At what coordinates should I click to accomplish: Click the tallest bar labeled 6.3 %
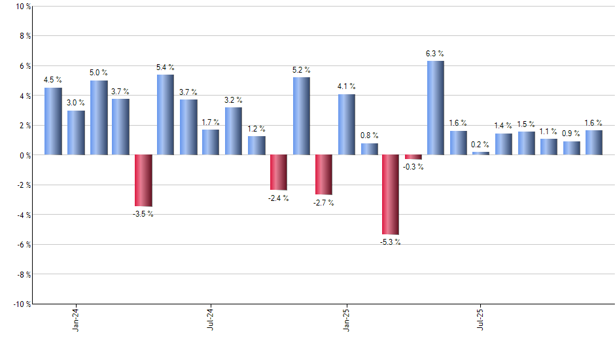click(436, 108)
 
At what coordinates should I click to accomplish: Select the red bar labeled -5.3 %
click(391, 194)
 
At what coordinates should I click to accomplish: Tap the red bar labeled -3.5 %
click(143, 181)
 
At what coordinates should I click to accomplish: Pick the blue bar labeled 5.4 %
click(166, 115)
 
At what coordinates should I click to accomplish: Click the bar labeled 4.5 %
click(53, 121)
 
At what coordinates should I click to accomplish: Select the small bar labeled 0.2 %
click(481, 153)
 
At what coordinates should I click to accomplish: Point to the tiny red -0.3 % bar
click(413, 157)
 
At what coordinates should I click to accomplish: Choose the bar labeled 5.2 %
click(302, 116)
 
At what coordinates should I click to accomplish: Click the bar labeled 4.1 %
click(347, 124)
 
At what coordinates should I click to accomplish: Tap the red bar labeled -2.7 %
click(324, 175)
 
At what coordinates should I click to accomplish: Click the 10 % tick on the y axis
click(23, 7)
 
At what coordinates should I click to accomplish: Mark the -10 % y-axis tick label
click(22, 304)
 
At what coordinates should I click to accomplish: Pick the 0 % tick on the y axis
click(25, 155)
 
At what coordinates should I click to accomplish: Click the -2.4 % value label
click(278, 198)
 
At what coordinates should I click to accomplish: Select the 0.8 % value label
click(370, 135)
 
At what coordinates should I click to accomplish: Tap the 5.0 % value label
click(99, 73)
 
